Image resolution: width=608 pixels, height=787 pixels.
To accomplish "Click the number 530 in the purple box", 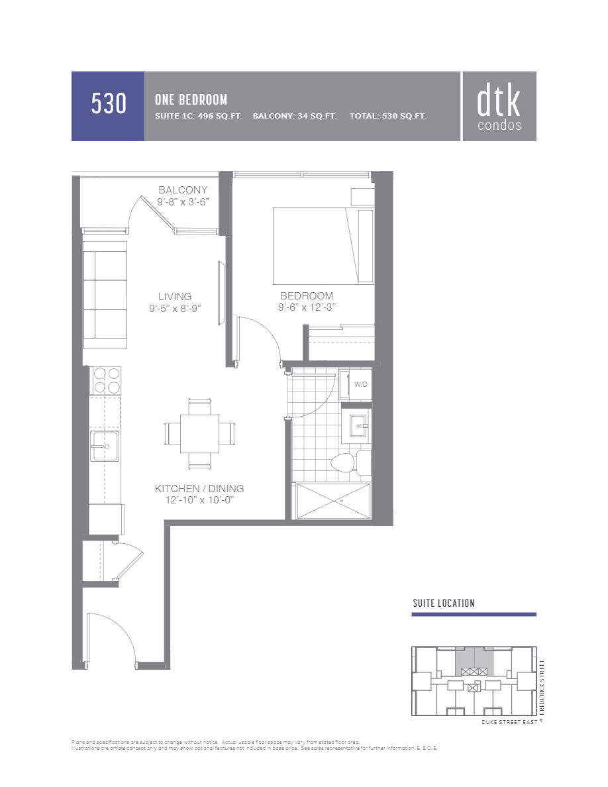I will click(x=108, y=105).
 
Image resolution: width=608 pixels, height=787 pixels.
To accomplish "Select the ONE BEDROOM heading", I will click(x=191, y=99).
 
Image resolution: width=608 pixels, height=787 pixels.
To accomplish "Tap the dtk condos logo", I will click(x=499, y=107).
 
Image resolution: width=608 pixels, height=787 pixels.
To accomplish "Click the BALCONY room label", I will click(x=183, y=190).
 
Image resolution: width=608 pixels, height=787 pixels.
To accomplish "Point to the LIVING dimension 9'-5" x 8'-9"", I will click(x=175, y=308).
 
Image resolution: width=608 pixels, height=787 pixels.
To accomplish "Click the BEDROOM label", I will click(x=307, y=295).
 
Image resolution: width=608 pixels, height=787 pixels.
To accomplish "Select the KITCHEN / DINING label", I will click(x=199, y=488).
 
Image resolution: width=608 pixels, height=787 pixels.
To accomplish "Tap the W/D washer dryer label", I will click(x=360, y=384).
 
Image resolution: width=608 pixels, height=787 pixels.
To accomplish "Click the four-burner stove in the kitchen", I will click(x=106, y=380).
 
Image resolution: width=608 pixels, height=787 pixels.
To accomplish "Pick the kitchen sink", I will click(x=105, y=446).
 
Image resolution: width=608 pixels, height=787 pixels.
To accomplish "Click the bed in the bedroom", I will click(x=316, y=245).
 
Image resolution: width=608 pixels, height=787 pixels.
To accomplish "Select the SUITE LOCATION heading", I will click(x=443, y=603).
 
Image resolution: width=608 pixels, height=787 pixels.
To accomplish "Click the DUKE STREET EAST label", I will click(x=509, y=722).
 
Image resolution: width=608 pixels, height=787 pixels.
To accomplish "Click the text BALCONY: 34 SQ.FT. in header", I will click(x=295, y=116).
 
